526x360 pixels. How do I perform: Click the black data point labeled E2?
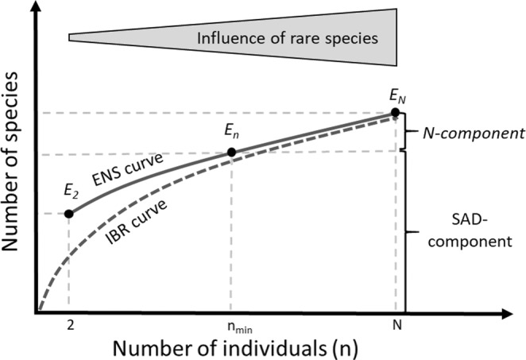tap(69, 214)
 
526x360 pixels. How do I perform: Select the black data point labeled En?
tap(231, 153)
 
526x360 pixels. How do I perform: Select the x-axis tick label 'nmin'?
tap(230, 326)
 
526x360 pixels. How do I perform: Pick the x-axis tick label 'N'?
tap(396, 325)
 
